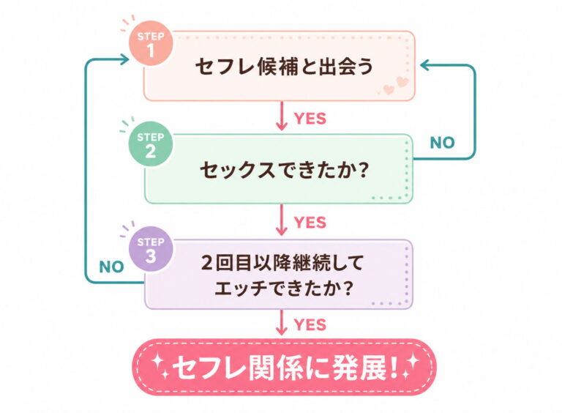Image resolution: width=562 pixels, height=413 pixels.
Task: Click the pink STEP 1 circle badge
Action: point(151,43)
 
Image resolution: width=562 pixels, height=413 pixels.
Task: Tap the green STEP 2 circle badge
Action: point(151,144)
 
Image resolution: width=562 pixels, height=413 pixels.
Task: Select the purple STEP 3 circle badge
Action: point(151,249)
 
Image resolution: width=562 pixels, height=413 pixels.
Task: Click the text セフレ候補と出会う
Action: point(284,67)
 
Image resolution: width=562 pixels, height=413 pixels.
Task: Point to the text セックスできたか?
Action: point(284,170)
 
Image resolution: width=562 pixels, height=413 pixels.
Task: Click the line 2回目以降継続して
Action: point(282,263)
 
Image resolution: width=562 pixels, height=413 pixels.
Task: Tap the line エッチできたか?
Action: point(283,288)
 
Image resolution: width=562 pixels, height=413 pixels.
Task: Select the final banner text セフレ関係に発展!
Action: point(285,368)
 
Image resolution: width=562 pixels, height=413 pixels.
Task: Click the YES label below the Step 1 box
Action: point(310,119)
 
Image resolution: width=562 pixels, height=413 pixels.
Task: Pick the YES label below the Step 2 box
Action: point(310,223)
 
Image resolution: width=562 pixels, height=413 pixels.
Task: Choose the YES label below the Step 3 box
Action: point(310,325)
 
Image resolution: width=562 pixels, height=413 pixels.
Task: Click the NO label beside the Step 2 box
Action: point(442,143)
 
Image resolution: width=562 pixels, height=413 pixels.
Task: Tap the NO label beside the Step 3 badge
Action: point(111,267)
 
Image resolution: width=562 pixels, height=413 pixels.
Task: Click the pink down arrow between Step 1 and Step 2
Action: point(282,116)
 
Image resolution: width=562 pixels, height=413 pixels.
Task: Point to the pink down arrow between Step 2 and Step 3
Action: point(282,220)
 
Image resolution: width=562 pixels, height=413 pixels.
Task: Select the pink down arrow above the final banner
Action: point(282,323)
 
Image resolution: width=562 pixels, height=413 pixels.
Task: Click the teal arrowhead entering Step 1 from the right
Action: point(424,65)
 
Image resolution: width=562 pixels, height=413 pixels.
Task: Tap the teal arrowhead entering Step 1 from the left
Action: point(125,59)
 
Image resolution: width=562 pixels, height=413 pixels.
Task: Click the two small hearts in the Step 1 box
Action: point(396,85)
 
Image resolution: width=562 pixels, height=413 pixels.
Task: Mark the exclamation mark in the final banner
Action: point(394,368)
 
